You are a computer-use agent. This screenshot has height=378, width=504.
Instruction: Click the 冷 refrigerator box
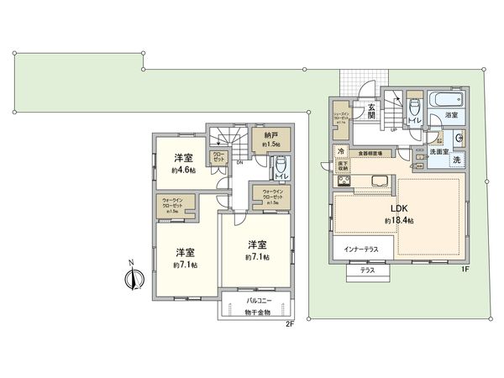point(341,151)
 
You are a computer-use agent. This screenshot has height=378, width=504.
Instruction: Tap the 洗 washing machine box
point(456,160)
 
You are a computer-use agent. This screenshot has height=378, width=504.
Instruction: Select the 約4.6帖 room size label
point(185,170)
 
